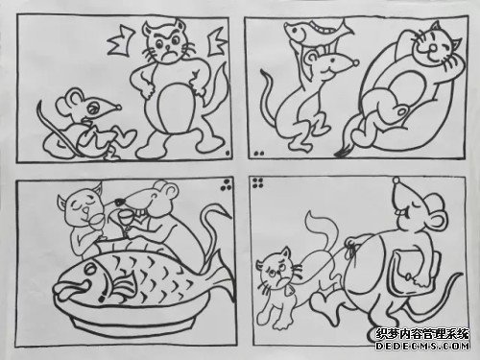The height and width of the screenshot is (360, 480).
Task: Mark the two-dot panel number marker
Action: (258, 154)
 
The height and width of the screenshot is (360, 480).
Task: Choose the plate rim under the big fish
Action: (125, 322)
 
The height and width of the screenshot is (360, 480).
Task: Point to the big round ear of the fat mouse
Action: (400, 200)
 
